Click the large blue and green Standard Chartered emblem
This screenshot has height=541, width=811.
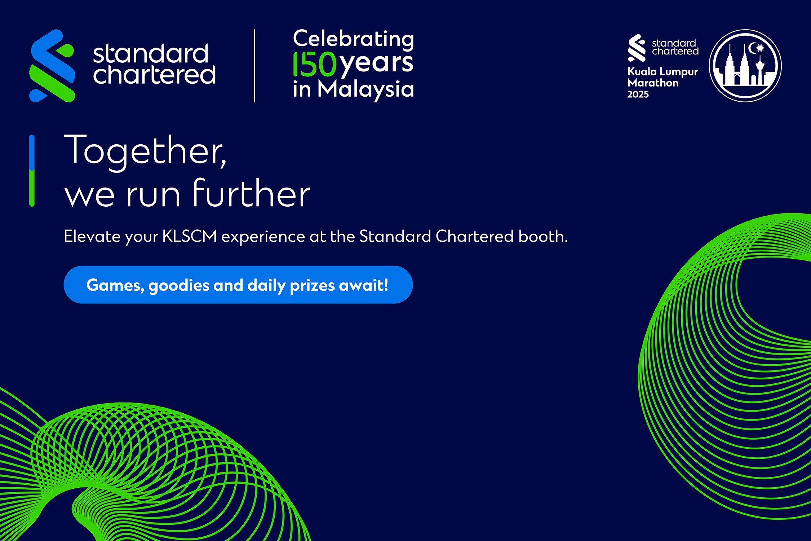point(52,66)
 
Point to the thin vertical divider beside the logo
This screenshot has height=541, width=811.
point(254,66)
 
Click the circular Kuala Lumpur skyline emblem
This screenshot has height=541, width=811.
point(745,66)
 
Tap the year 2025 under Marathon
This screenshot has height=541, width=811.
point(638,94)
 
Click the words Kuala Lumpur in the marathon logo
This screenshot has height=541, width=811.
point(663,72)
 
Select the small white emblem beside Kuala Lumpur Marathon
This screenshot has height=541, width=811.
point(637,48)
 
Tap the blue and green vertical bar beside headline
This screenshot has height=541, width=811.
point(32,171)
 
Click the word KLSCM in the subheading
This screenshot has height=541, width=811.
point(190,237)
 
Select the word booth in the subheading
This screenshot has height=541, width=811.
point(543,237)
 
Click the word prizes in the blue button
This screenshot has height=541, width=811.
point(313,286)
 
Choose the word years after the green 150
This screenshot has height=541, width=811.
point(377,65)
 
